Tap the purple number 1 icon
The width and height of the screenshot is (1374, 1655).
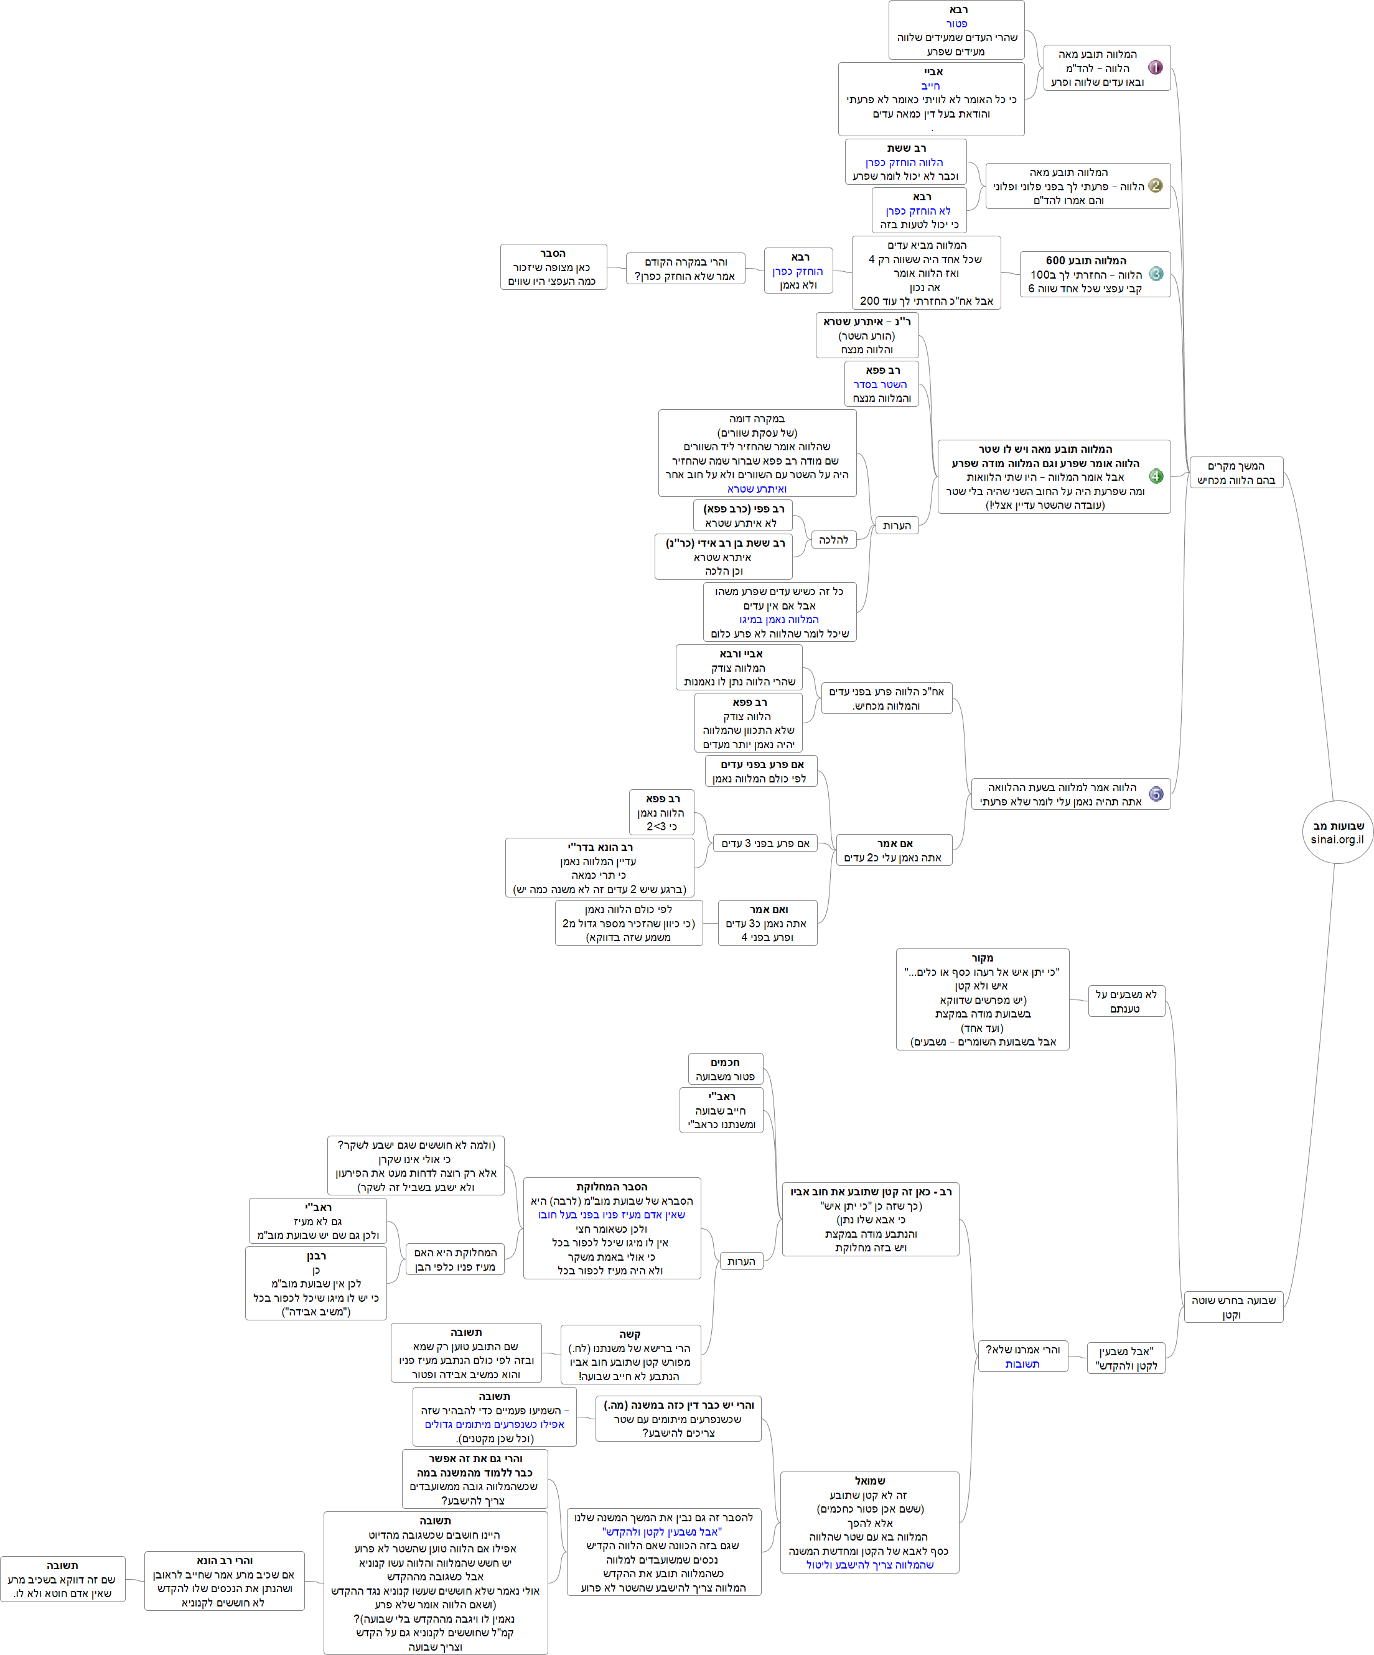point(1155,68)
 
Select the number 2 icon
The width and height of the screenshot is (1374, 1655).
point(1155,186)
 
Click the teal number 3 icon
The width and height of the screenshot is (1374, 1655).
point(1155,274)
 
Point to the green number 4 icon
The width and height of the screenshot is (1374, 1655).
point(1155,476)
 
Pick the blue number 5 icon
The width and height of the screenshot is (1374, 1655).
point(1155,794)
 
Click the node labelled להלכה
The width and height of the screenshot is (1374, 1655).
point(833,540)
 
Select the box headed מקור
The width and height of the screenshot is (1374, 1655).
point(982,999)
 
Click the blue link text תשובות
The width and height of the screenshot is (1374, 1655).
point(1022,1364)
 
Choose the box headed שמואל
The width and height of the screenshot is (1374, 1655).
point(869,1523)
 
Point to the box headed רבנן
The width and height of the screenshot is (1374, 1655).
point(316,1283)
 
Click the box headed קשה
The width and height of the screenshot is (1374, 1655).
point(630,1354)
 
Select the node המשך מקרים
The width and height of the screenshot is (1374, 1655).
point(1235,473)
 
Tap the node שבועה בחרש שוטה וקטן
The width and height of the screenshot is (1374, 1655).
point(1233,1307)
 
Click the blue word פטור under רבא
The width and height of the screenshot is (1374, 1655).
point(957,24)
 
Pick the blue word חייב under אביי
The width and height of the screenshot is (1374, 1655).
point(931,86)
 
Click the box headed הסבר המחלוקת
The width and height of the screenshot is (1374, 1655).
point(612,1228)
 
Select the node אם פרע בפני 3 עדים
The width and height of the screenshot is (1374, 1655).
point(765,843)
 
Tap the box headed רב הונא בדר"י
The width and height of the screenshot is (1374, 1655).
point(600,868)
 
